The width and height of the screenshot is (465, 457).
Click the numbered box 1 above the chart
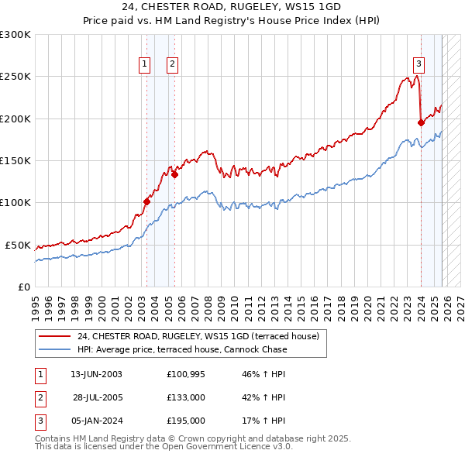(x=145, y=65)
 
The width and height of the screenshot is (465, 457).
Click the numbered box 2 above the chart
(x=171, y=65)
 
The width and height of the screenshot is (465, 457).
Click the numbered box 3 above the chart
(x=418, y=65)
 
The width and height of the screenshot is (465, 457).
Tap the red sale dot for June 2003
(x=146, y=201)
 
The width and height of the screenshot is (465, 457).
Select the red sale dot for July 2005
(x=175, y=174)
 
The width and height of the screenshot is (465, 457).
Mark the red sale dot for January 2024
(x=421, y=122)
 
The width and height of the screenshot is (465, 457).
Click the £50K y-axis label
(x=17, y=245)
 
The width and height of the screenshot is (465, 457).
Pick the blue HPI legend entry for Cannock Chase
(x=181, y=349)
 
